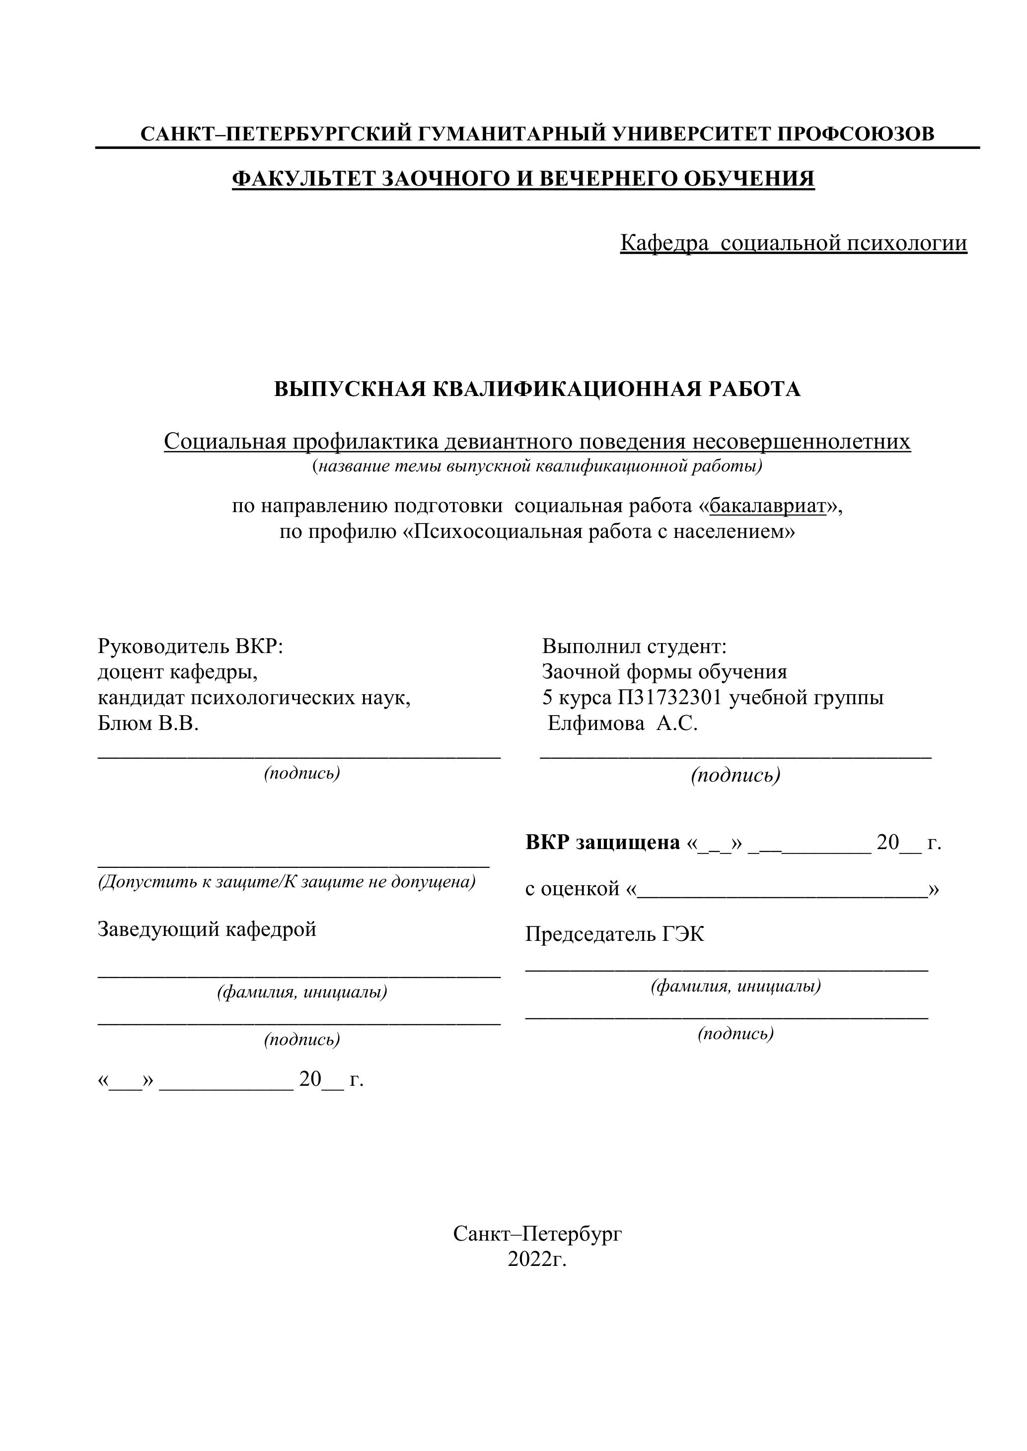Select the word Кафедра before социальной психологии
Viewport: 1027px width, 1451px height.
click(664, 243)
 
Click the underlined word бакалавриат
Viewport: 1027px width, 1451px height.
click(768, 506)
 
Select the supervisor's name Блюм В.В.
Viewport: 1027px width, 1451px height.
click(148, 724)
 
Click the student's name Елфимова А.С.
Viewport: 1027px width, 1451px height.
click(622, 724)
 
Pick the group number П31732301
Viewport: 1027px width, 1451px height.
click(670, 698)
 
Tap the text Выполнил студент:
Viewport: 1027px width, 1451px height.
click(634, 647)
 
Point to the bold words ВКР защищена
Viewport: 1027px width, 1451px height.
click(602, 843)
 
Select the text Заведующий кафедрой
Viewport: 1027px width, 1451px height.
click(207, 929)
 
